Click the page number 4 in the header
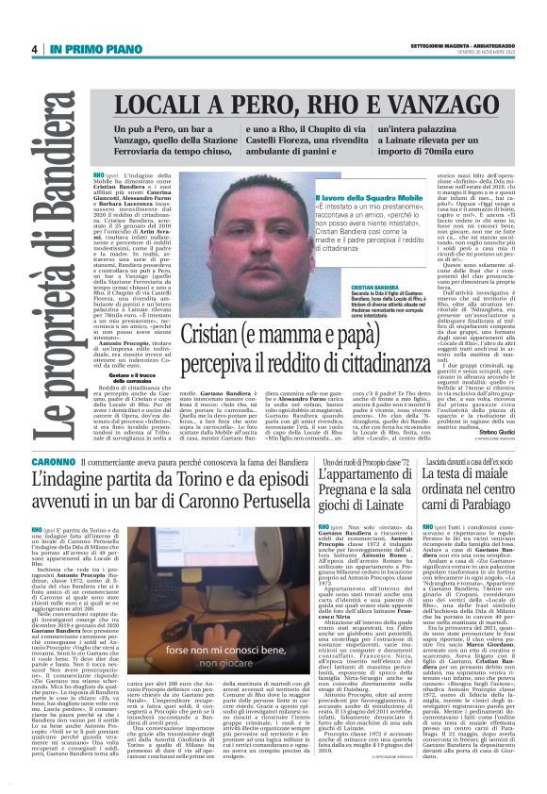tap(33, 50)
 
